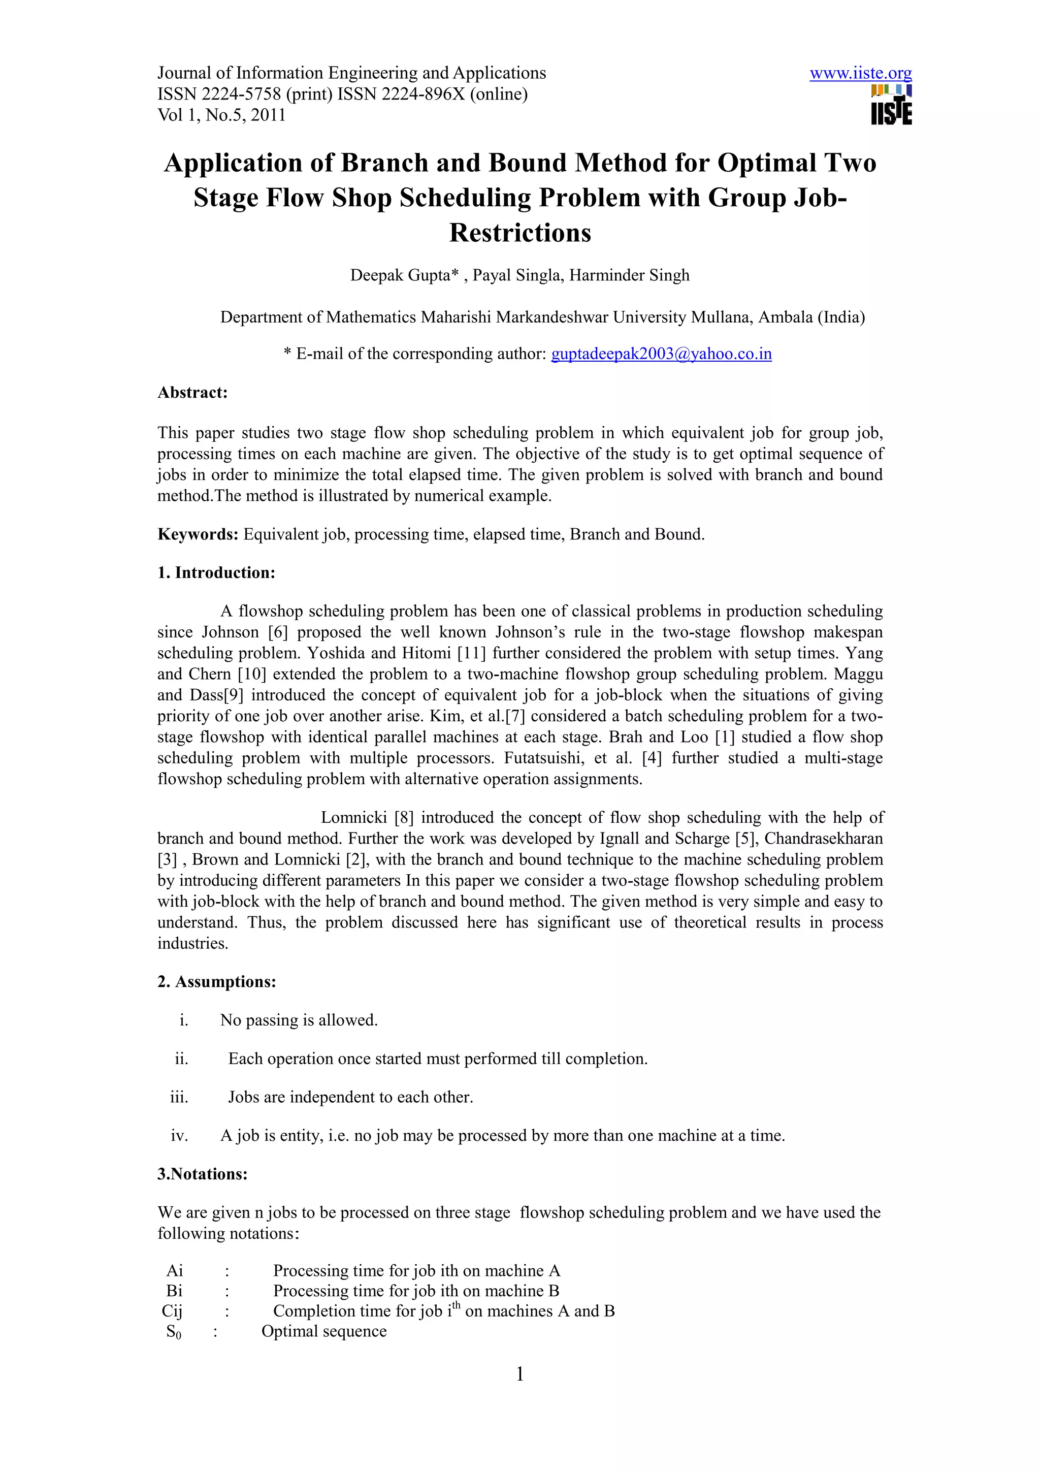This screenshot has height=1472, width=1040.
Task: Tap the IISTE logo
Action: click(891, 106)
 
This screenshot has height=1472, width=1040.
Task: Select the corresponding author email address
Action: click(661, 354)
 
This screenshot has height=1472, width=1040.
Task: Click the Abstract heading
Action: click(192, 392)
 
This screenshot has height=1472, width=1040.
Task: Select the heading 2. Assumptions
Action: click(217, 981)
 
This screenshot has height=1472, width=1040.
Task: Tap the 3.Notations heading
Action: click(203, 1174)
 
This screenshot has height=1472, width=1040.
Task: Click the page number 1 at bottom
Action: click(519, 1373)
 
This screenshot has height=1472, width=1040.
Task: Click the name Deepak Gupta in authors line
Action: click(401, 276)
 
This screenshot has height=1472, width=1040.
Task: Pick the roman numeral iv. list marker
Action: click(179, 1135)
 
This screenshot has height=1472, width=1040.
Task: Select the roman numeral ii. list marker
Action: click(181, 1059)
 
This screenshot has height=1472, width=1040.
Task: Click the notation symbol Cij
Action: click(172, 1311)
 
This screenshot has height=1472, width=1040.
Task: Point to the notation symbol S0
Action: click(174, 1332)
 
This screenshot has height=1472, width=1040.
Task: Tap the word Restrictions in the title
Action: click(519, 233)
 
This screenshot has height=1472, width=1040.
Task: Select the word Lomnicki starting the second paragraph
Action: click(354, 817)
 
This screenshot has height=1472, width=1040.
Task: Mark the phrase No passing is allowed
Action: click(299, 1020)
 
